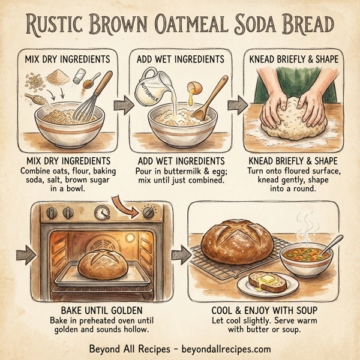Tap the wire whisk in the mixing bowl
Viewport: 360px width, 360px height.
pos(90,102)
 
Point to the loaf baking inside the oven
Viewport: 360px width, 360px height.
pos(103,265)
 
